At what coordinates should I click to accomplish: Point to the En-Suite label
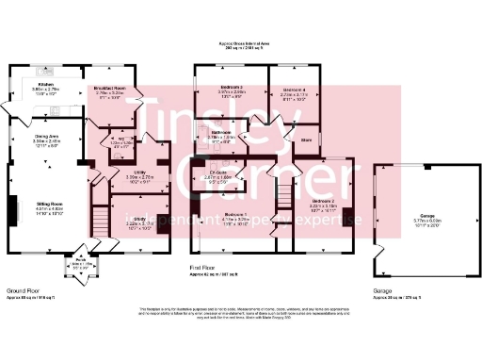click(x=220, y=173)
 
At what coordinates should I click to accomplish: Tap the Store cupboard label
click(x=306, y=140)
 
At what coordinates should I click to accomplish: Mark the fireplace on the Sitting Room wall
click(x=13, y=207)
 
